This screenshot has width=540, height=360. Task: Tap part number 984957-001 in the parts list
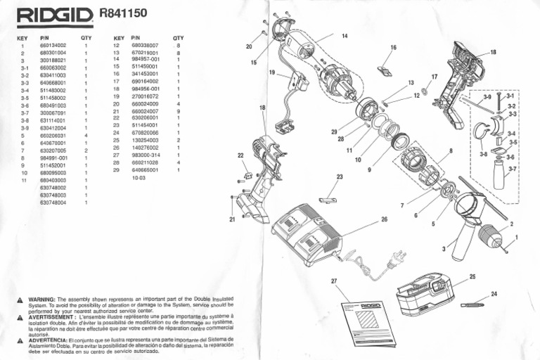pyautogui.click(x=146, y=60)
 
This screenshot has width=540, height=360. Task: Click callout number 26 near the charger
pyautogui.click(x=384, y=219)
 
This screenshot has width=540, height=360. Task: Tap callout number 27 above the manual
pyautogui.click(x=334, y=281)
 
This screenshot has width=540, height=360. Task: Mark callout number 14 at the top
pyautogui.click(x=345, y=36)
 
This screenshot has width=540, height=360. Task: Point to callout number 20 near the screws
pyautogui.click(x=249, y=46)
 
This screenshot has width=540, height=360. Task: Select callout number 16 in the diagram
pyautogui.click(x=393, y=48)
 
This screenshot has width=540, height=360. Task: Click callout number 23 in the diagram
pyautogui.click(x=339, y=177)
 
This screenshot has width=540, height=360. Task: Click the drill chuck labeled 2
pyautogui.click(x=491, y=236)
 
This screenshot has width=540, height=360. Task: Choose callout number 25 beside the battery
pyautogui.click(x=472, y=276)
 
